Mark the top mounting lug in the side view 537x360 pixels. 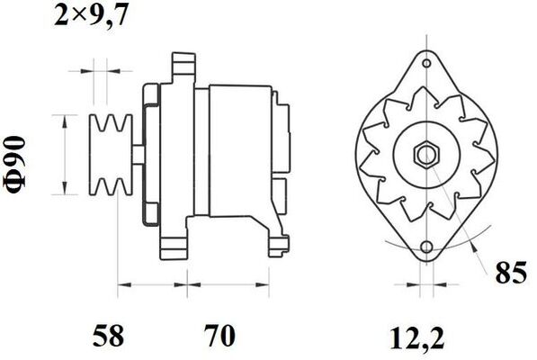183,65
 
